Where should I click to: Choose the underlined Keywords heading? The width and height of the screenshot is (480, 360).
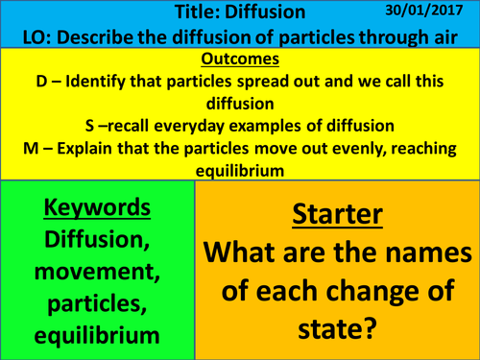click(x=99, y=208)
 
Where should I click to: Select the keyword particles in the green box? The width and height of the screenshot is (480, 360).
click(x=96, y=306)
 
